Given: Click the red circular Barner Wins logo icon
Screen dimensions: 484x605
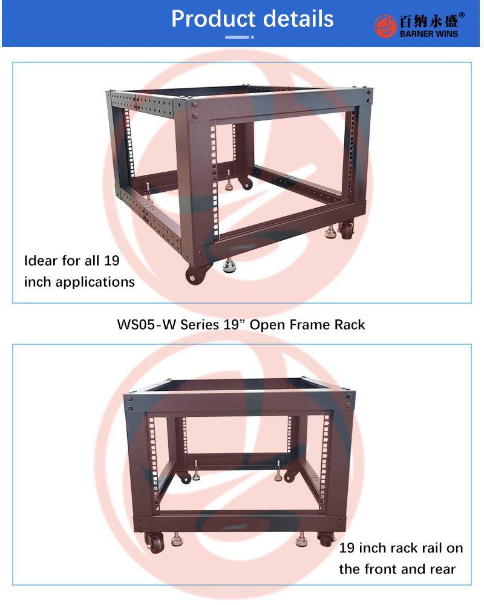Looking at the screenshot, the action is point(385,26).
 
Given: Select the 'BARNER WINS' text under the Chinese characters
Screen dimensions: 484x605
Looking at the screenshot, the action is point(429,34).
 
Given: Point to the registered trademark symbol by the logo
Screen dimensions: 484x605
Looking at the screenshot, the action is point(462,15).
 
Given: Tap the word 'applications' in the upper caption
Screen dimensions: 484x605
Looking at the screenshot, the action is point(96,283).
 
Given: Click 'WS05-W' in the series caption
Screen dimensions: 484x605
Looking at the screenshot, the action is point(146,325).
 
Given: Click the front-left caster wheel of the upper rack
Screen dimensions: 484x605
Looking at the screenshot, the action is point(196,273).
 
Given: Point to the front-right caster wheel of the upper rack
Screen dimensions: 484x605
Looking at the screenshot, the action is point(346,231).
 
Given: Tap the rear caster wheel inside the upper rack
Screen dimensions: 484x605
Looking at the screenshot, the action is point(244,183).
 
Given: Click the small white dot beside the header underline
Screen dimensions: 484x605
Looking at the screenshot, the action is point(252,37).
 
